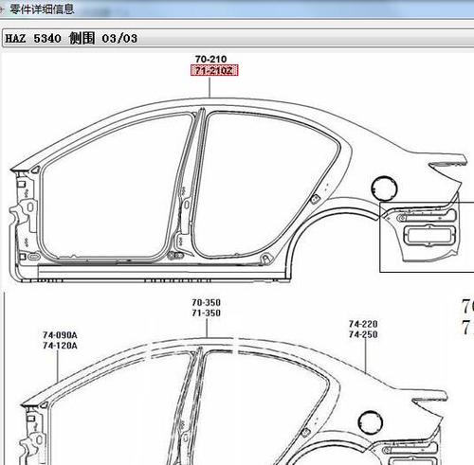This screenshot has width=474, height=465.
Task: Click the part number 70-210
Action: (x=210, y=59)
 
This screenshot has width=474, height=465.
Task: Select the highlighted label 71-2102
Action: (x=214, y=70)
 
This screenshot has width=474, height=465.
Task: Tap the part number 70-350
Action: (x=206, y=302)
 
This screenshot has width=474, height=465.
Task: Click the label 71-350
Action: (x=206, y=313)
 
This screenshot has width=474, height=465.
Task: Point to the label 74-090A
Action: (x=60, y=335)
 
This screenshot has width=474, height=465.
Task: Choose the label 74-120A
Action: (x=60, y=346)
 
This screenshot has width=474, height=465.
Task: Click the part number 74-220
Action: (x=363, y=324)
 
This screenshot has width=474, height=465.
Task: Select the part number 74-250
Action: (x=363, y=334)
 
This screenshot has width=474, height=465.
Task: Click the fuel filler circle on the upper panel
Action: (x=372, y=188)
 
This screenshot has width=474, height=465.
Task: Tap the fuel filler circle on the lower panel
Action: (x=358, y=422)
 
